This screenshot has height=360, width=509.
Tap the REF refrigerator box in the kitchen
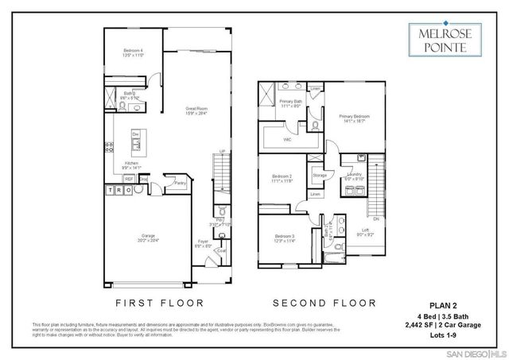[129, 180]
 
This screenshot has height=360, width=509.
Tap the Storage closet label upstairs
[319, 175]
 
